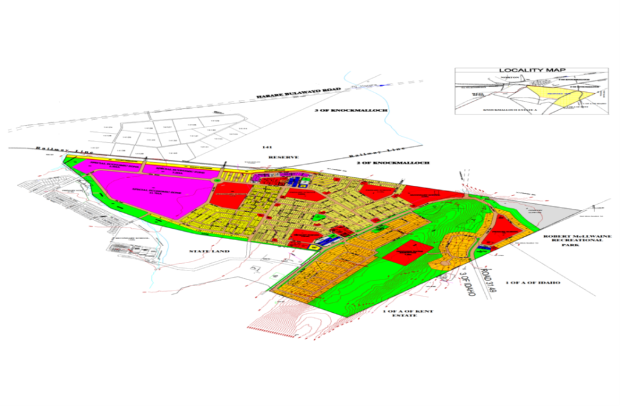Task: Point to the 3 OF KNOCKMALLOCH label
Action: coord(338,112)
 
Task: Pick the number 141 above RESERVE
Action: coord(262,147)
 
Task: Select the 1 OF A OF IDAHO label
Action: coord(533,283)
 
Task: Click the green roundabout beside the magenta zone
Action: coord(217,180)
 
